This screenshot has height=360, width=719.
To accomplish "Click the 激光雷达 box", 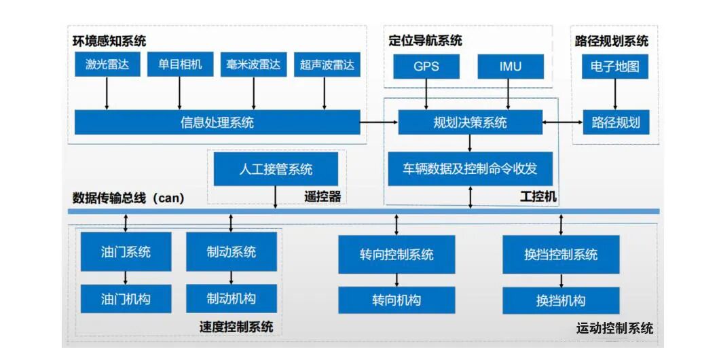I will point(107,65).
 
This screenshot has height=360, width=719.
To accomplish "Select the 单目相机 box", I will point(180,65).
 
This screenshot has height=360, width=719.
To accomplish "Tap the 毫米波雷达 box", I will point(253,65).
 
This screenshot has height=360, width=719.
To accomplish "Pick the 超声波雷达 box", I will point(326,66).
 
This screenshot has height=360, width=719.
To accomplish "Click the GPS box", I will point(426,67).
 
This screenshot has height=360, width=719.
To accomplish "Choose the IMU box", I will point(510,67).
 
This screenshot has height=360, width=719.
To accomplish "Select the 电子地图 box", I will point(615,67).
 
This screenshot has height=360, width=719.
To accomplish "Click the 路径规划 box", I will point(615,123).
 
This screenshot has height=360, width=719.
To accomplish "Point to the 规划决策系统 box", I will point(470,123).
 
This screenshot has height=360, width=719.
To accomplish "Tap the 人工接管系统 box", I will point(276,168).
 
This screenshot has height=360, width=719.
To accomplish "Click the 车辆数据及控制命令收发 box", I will point(470,168).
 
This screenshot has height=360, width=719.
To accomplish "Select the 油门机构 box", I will point(126,298).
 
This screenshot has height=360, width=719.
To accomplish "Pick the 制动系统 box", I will point(232,252).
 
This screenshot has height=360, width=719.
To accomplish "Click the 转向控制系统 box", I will point(397,255).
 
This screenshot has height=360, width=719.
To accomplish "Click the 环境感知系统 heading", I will point(109,41).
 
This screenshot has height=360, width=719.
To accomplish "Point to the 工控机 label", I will point(538,196).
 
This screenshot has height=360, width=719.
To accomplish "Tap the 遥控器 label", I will point(322,197).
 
